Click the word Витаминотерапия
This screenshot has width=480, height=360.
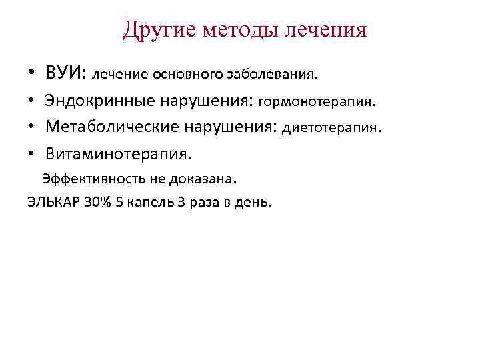(118, 154)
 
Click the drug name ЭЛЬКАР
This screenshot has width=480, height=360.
(53, 202)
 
